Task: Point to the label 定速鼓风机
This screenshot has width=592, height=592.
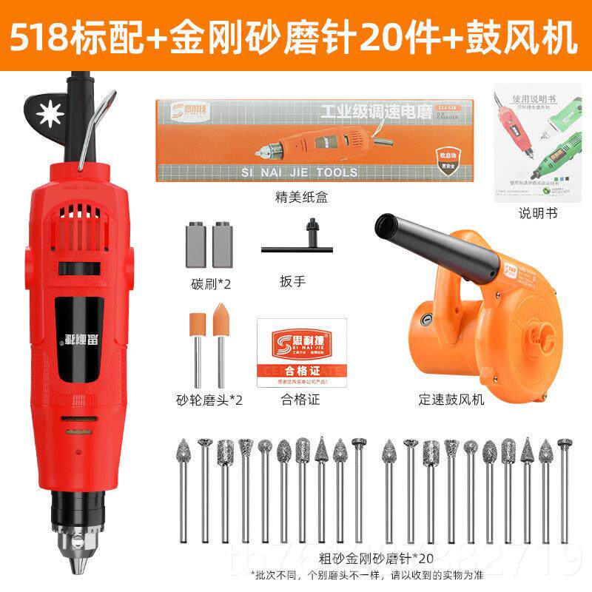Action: point(450,400)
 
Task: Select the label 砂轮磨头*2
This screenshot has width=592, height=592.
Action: point(209,400)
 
